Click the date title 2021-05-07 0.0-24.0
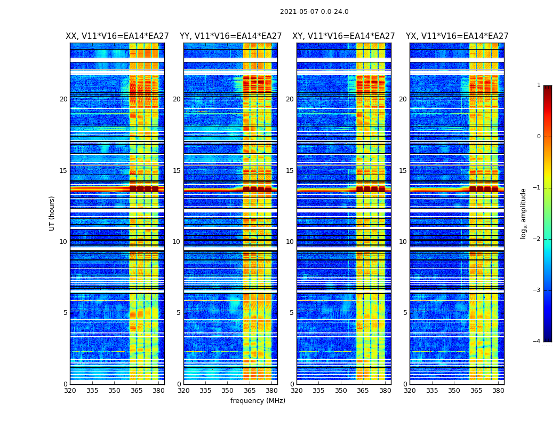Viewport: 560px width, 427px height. pyautogui.click(x=314, y=12)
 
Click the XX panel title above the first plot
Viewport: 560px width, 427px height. pyautogui.click(x=117, y=36)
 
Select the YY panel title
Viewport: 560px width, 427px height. pyautogui.click(x=230, y=36)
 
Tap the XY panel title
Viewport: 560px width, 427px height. pyautogui.click(x=343, y=36)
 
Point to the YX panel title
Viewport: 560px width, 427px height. pyautogui.click(x=457, y=36)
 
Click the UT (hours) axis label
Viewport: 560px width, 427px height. pyautogui.click(x=52, y=213)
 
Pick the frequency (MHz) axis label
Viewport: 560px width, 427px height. pyautogui.click(x=258, y=401)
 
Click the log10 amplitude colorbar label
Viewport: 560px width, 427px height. pyautogui.click(x=524, y=213)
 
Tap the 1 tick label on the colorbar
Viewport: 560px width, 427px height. pyautogui.click(x=539, y=85)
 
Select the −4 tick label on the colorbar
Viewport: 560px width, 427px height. pyautogui.click(x=537, y=342)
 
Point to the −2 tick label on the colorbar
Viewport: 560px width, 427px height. pyautogui.click(x=537, y=239)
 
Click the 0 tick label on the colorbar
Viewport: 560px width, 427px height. pyautogui.click(x=539, y=137)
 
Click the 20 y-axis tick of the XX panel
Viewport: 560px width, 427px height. pyautogui.click(x=63, y=99)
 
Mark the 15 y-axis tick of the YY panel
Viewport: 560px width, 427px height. pyautogui.click(x=177, y=171)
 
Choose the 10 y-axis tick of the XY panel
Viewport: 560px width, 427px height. pyautogui.click(x=290, y=242)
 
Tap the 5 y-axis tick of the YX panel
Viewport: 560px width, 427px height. pyautogui.click(x=405, y=313)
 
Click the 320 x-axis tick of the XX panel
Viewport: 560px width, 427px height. pyautogui.click(x=70, y=391)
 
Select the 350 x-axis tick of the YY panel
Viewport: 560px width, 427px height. pyautogui.click(x=228, y=391)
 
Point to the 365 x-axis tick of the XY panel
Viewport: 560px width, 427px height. pyautogui.click(x=363, y=391)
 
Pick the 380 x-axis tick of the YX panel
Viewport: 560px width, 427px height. pyautogui.click(x=498, y=391)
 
